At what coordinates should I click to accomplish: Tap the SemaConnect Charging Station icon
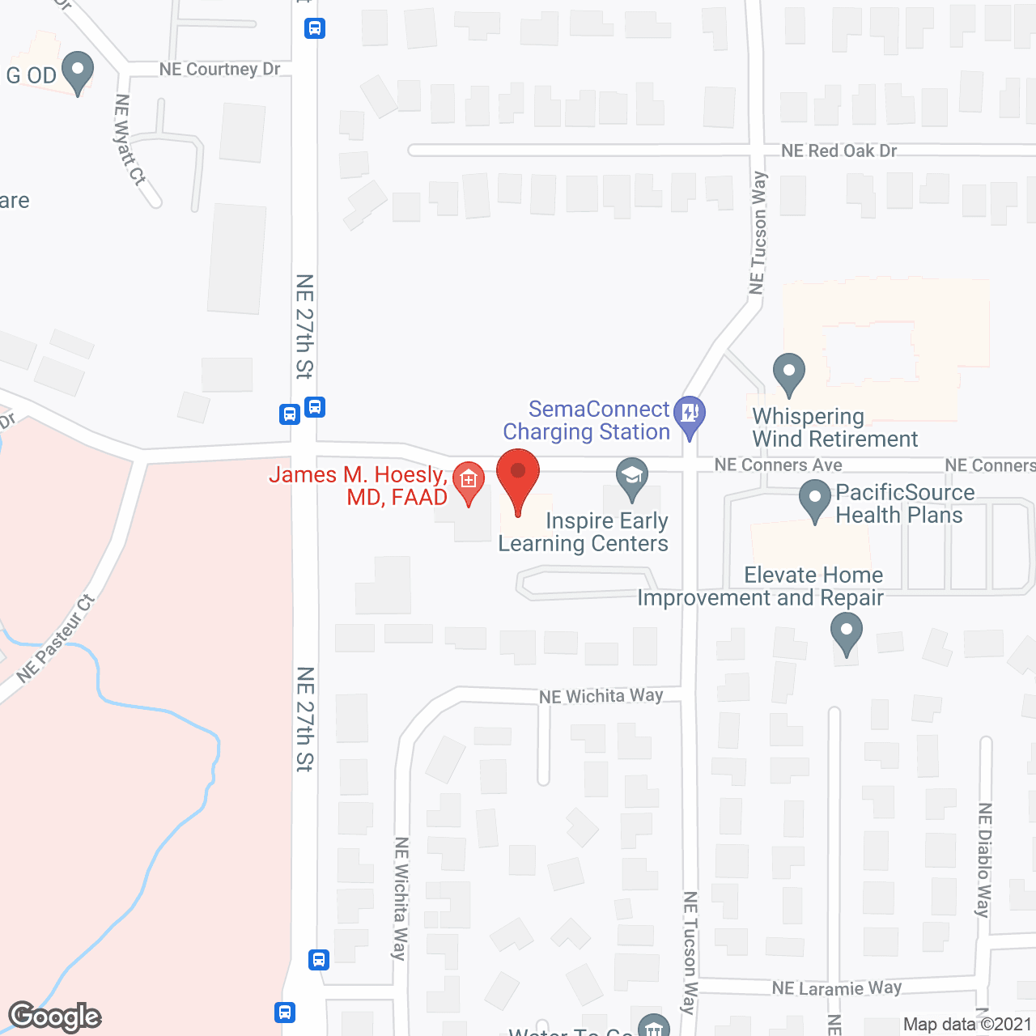tap(690, 415)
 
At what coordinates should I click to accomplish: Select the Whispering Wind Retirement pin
tap(789, 374)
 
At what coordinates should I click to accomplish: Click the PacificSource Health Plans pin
tap(815, 499)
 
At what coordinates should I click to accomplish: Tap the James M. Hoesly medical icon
tap(468, 481)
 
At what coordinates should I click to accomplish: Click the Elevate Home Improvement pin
tap(847, 633)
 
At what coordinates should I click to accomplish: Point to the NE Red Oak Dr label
tap(839, 151)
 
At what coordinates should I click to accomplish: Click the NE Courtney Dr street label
tap(219, 70)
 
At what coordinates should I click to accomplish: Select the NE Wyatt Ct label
tap(129, 140)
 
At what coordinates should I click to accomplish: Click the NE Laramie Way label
tap(836, 988)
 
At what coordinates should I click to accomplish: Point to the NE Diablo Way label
tap(984, 860)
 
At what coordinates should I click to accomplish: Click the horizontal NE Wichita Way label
tap(601, 696)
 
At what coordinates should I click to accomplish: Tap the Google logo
tap(55, 1017)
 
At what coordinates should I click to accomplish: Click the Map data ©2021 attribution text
tap(968, 1025)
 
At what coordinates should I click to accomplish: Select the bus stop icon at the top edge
tap(315, 28)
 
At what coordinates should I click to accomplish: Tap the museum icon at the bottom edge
tap(654, 1026)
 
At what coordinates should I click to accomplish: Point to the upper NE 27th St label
tap(304, 326)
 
